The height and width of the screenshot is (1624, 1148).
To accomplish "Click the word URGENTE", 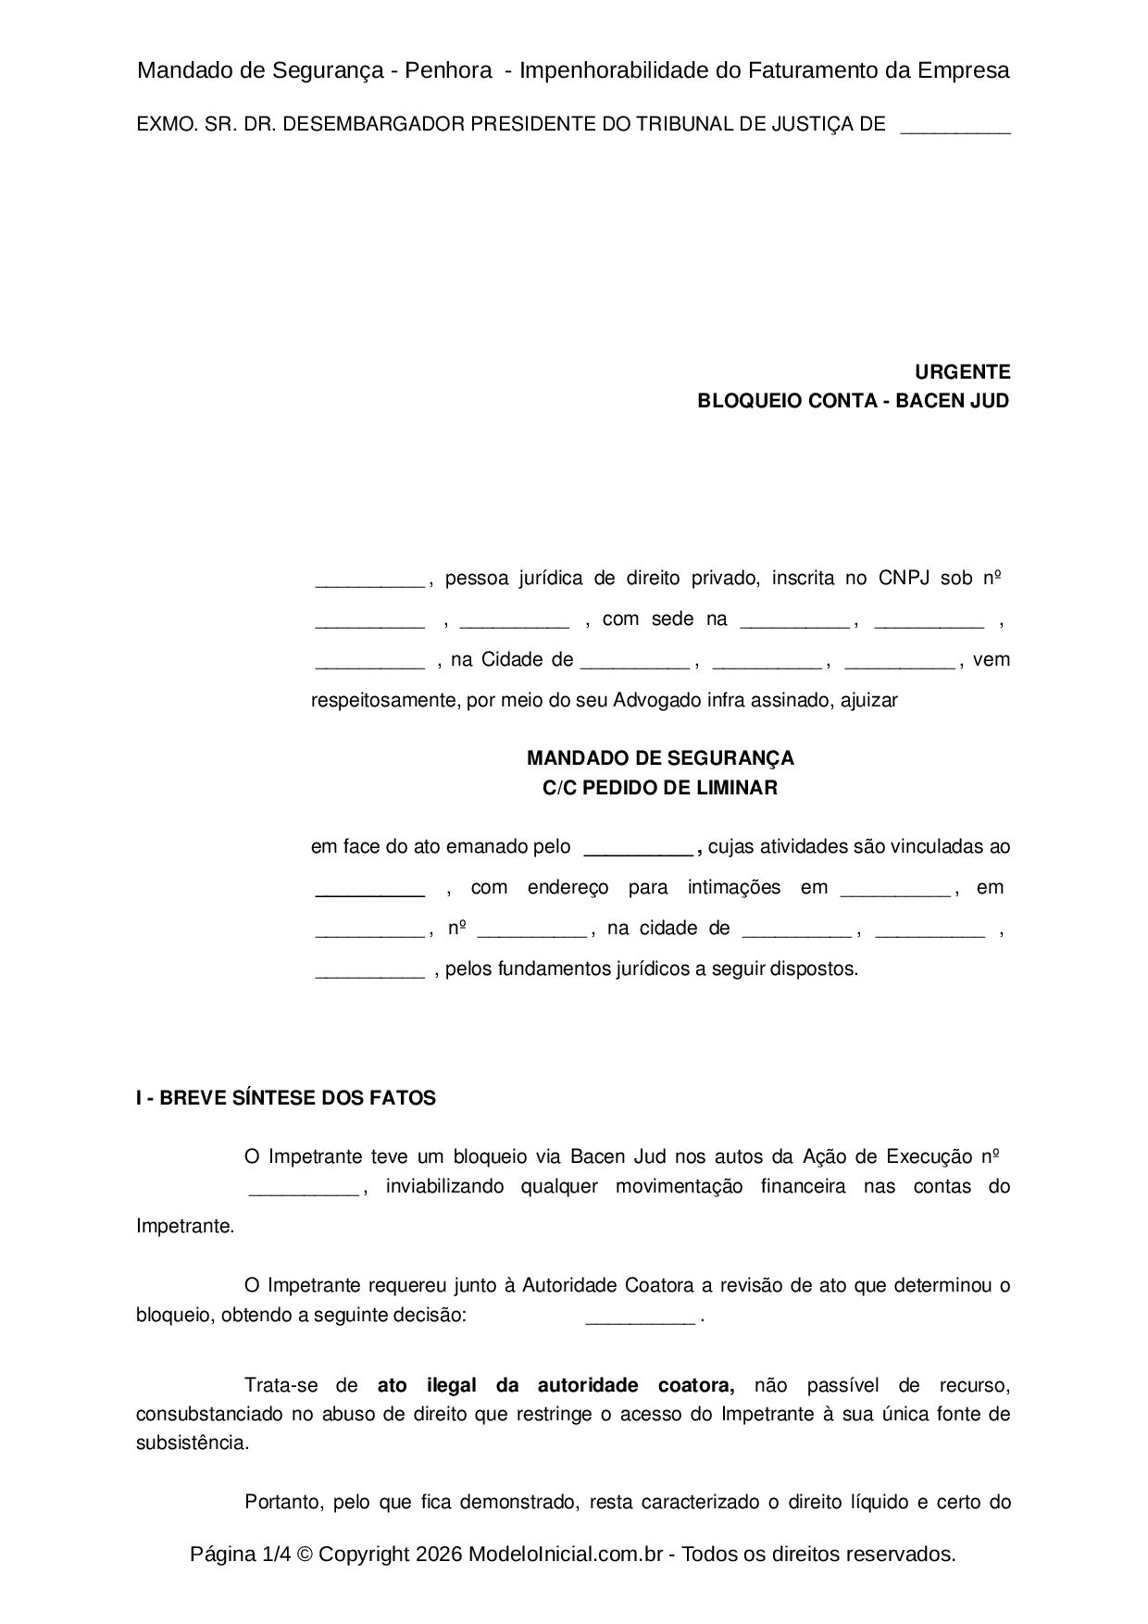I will (962, 372).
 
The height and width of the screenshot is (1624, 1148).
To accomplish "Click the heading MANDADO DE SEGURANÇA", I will (660, 758).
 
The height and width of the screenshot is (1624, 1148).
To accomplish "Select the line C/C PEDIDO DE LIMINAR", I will (660, 788).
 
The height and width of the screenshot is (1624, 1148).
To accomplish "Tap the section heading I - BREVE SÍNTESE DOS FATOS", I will (286, 1098).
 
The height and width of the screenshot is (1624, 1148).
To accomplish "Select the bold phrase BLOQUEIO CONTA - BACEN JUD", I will (853, 401).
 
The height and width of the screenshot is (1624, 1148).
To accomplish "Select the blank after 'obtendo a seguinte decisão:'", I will (640, 1318).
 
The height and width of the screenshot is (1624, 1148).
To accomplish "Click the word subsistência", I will (192, 1443).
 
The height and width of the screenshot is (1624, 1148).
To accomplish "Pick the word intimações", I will (733, 887).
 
